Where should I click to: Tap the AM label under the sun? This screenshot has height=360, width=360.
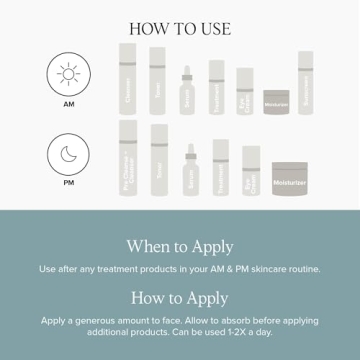(68, 104)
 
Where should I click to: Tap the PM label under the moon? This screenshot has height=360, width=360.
(68, 183)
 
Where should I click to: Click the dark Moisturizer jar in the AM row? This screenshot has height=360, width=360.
(276, 101)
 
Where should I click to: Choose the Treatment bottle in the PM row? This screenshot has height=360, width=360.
(220, 167)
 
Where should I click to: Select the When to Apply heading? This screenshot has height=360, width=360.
(180, 246)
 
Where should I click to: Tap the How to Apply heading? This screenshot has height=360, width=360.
(180, 298)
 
